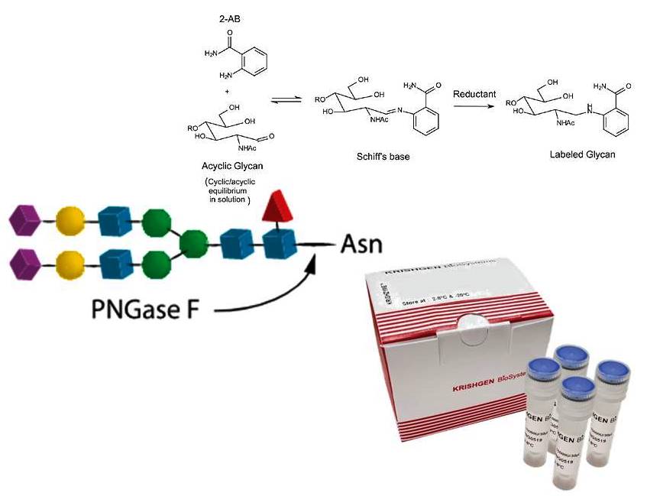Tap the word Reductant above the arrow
click(474, 94)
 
